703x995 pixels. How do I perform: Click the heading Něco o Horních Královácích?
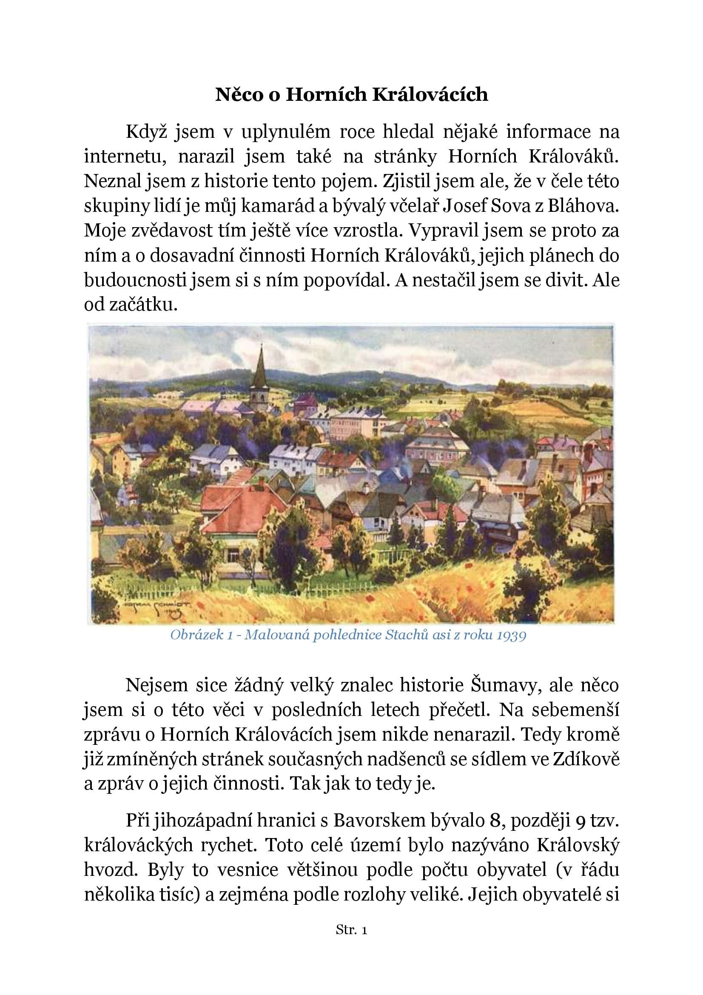pos(351,94)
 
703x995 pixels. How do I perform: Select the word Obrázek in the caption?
pos(195,635)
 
